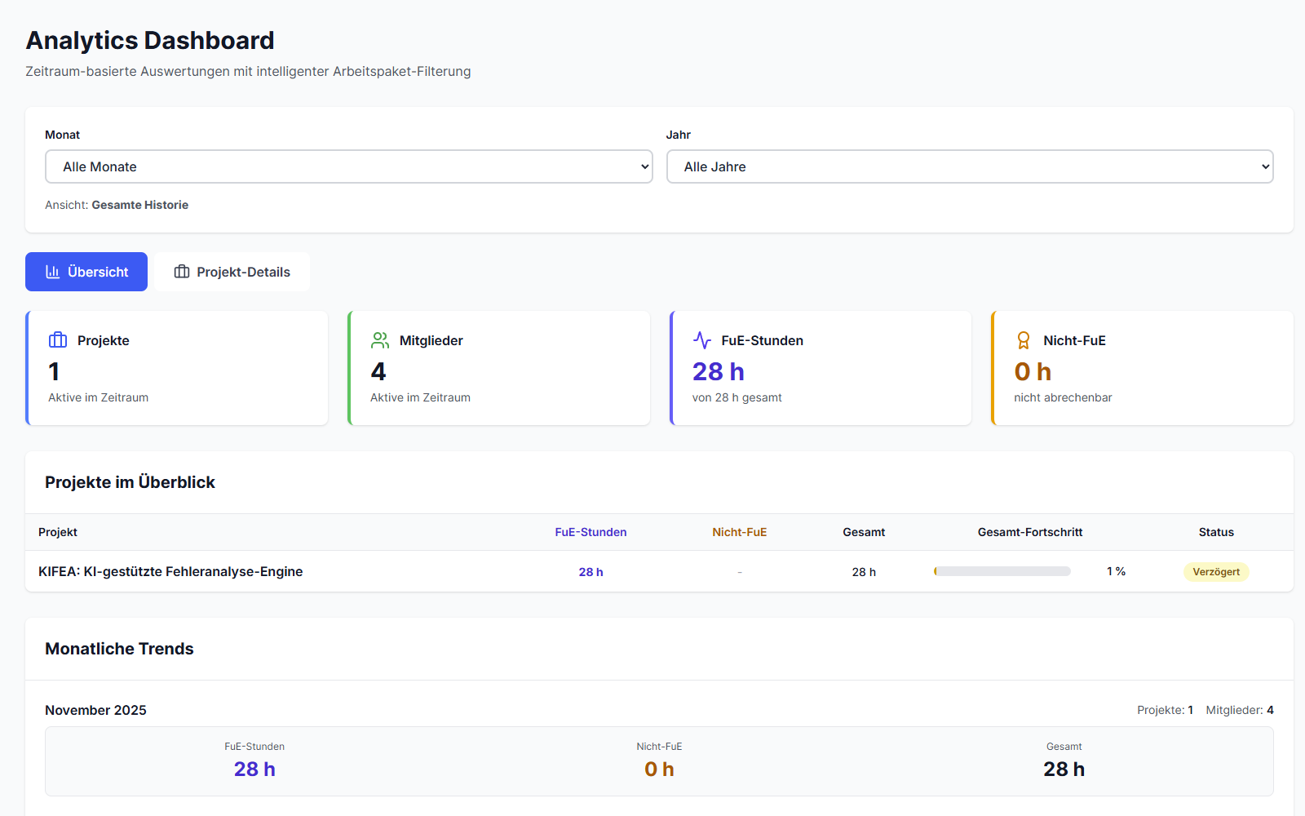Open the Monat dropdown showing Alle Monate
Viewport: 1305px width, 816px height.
tap(348, 166)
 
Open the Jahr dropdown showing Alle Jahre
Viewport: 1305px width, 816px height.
tap(969, 166)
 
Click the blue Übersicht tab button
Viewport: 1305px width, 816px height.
tap(86, 272)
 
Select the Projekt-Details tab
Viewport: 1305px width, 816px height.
tap(232, 272)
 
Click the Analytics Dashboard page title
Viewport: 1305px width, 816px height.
tap(150, 40)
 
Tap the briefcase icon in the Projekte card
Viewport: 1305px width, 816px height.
tap(58, 340)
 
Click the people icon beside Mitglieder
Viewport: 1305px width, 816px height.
tap(380, 340)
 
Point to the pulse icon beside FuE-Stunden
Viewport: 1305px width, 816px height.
tap(702, 340)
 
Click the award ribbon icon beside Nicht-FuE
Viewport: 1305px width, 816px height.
tap(1024, 340)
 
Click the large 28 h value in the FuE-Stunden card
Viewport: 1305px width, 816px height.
tap(718, 372)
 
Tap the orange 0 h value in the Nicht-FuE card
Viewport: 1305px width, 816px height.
tap(1033, 372)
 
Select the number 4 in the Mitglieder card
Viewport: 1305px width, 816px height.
tap(378, 372)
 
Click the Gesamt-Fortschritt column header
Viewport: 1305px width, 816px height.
tap(1029, 532)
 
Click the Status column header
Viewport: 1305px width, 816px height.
tap(1215, 532)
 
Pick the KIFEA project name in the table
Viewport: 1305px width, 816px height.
tap(170, 571)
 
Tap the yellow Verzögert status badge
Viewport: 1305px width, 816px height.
tap(1215, 572)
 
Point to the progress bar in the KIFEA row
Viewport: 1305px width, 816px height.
tap(1002, 571)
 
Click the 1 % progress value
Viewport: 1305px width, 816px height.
tap(1116, 571)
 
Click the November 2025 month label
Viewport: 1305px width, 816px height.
tap(95, 710)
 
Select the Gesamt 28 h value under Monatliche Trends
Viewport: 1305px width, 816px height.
tap(1064, 769)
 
